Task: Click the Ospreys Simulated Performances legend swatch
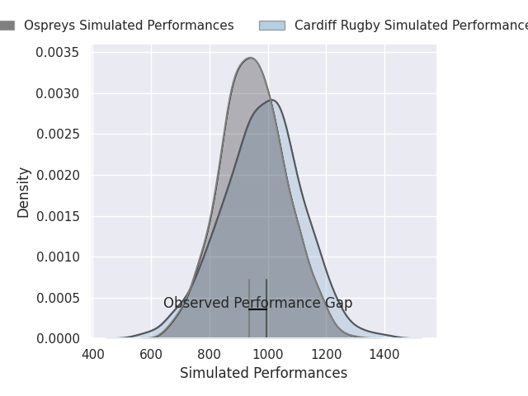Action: click(x=7, y=26)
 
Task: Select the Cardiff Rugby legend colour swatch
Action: click(x=271, y=26)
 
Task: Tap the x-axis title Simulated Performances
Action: click(x=263, y=374)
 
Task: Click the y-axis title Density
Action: click(x=24, y=192)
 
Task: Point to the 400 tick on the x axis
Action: click(x=93, y=355)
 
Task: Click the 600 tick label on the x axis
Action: click(x=152, y=355)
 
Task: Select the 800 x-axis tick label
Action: click(x=210, y=355)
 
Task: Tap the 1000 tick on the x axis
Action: click(x=267, y=355)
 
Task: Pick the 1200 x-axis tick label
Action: click(x=326, y=355)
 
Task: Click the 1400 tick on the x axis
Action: click(x=384, y=355)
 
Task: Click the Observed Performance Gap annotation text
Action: click(x=257, y=303)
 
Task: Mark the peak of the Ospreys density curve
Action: click(x=250, y=58)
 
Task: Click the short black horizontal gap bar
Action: click(x=257, y=309)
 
